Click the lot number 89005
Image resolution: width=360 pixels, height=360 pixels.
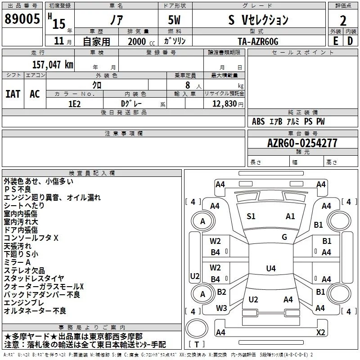pos(22,18)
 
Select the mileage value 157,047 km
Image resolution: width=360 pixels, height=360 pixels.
pos(53,64)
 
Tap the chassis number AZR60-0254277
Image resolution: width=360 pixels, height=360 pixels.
pos(302,143)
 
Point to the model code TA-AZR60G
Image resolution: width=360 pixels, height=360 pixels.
pos(258,41)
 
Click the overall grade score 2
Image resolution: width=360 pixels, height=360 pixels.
pos(343,21)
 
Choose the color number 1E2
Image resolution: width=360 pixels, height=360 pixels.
pos(74,104)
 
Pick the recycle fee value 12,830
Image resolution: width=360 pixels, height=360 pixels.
pos(224,103)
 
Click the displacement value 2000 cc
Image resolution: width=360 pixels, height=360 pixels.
pos(141,41)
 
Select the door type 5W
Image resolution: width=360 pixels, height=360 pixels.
pos(174,20)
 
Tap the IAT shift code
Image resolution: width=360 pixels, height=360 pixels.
pos(13,94)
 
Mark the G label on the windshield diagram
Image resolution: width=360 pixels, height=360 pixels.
pos(284,237)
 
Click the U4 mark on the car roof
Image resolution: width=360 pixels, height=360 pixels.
pos(271,268)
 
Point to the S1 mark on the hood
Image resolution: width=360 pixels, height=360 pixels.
pos(251,216)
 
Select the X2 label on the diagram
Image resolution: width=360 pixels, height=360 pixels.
pos(321,332)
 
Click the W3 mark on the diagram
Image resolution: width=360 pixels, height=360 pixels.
pos(221,308)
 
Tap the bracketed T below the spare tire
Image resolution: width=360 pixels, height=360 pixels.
pos(197,344)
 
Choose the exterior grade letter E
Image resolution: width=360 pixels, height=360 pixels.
pos(336,41)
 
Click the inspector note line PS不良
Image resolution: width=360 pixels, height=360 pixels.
pos(18,189)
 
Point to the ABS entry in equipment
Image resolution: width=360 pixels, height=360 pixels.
pos(258,121)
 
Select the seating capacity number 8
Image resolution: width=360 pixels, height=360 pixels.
pos(188,85)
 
